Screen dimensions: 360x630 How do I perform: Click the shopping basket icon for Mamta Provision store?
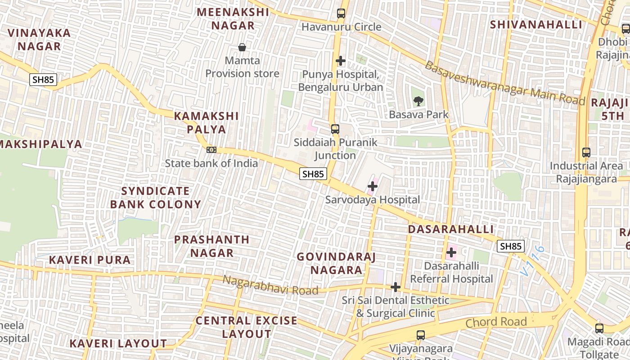click(242, 47)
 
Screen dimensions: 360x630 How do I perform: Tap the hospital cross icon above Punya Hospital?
click(341, 61)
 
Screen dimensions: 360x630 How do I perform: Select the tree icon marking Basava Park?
click(418, 101)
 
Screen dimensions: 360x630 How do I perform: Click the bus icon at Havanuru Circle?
click(341, 13)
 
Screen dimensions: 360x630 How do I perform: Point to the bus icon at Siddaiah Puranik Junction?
click(335, 129)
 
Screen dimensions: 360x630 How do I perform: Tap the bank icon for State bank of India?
click(211, 150)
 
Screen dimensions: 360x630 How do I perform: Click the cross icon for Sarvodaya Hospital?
click(373, 186)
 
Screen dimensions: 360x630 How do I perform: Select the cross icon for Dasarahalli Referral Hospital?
click(451, 252)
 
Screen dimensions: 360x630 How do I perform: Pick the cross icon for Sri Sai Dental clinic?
click(396, 287)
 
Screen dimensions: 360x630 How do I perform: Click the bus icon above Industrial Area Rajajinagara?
click(586, 153)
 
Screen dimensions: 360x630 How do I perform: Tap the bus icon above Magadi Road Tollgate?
click(599, 328)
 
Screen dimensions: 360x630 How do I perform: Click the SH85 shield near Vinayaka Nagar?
click(43, 80)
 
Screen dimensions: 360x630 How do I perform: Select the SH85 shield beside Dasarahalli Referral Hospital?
click(511, 246)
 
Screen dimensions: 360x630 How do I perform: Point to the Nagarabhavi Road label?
click(270, 285)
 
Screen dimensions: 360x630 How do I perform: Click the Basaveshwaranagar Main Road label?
click(504, 84)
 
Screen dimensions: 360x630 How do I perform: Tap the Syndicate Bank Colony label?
click(155, 198)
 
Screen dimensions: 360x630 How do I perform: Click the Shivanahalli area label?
click(536, 24)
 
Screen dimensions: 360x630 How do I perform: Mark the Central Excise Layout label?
click(246, 327)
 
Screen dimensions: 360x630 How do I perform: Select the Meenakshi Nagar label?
click(233, 19)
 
